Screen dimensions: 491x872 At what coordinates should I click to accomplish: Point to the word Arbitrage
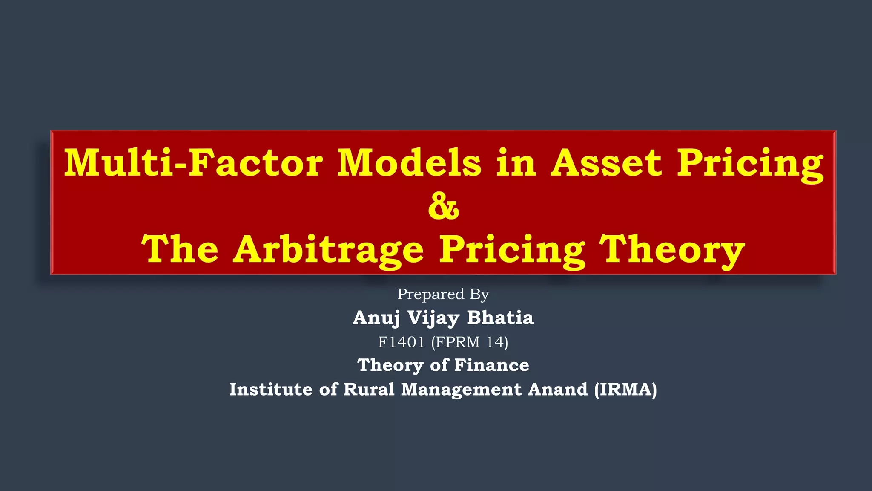pos(328,250)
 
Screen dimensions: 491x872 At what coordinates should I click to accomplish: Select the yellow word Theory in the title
pos(672,250)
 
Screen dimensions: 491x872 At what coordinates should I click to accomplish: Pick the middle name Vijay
pos(433,318)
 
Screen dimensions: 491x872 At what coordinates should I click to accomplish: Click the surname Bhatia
pos(500,318)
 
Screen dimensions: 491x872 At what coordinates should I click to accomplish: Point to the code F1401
pos(402,342)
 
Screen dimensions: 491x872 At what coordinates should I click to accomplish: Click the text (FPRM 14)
pos(470,342)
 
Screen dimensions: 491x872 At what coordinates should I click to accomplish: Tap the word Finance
pos(491,365)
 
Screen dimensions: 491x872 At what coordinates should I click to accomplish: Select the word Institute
pos(271,389)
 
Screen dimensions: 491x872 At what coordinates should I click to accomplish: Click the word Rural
pos(369,389)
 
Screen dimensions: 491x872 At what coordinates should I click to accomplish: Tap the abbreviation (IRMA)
pos(625,389)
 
